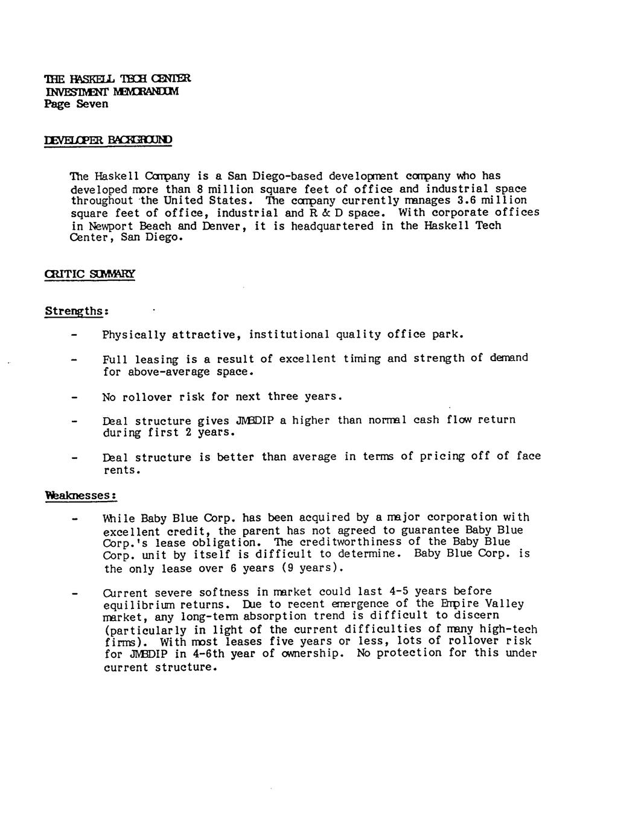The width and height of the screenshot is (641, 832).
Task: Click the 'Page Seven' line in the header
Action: click(76, 104)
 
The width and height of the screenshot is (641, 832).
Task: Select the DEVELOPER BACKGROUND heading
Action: click(108, 140)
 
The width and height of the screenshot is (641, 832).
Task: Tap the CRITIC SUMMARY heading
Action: click(90, 274)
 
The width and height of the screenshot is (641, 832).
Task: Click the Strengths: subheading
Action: click(76, 312)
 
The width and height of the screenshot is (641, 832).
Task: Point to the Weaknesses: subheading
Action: click(80, 495)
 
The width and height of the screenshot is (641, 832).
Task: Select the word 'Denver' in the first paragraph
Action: click(221, 226)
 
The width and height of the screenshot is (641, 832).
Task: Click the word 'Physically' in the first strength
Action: click(133, 335)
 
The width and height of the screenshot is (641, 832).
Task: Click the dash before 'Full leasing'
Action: click(75, 360)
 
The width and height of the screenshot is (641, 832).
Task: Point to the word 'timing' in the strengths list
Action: click(362, 359)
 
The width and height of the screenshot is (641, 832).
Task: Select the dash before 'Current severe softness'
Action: click(75, 593)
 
